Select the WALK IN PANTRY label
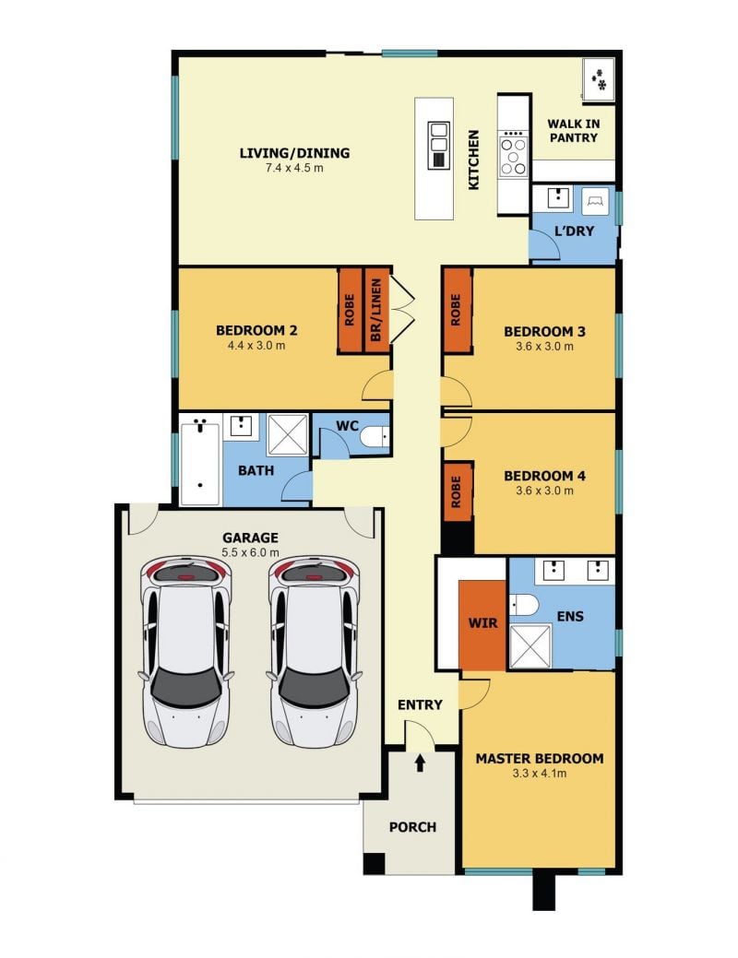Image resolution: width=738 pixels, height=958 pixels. point(573,131)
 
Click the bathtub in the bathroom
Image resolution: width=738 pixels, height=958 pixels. point(200,465)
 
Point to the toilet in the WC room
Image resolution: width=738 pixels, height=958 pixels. point(374,437)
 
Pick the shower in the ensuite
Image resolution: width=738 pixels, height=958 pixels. point(530,646)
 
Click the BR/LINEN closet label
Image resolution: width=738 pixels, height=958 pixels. point(376,310)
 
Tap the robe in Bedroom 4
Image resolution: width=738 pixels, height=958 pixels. point(457,492)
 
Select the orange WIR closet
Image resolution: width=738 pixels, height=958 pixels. point(482,624)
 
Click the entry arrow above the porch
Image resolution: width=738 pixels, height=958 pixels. point(420,763)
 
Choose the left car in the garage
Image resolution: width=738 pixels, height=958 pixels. point(186,651)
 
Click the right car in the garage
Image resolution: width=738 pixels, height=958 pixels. point(314,651)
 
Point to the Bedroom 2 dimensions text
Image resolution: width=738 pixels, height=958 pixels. point(256,346)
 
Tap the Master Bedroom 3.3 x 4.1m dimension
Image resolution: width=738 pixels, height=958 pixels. point(540,774)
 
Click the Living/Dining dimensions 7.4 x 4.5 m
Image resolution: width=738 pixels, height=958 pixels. point(294,168)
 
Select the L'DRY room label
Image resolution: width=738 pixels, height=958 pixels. point(574,231)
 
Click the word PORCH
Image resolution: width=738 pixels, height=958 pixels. point(412,827)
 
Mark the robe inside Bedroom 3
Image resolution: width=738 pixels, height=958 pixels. point(457,311)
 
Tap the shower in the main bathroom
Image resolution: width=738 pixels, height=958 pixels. point(288,434)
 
